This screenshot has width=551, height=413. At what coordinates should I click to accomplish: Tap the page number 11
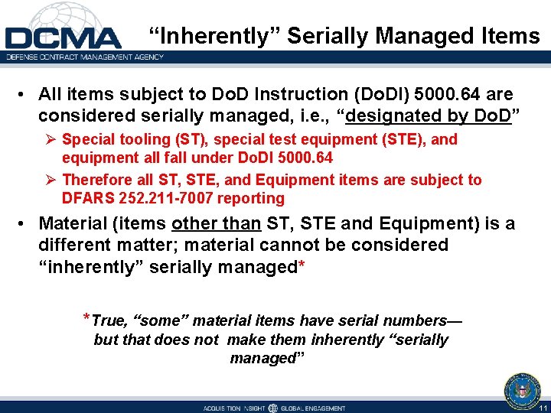(543, 408)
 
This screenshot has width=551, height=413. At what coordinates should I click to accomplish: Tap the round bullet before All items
(26, 95)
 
